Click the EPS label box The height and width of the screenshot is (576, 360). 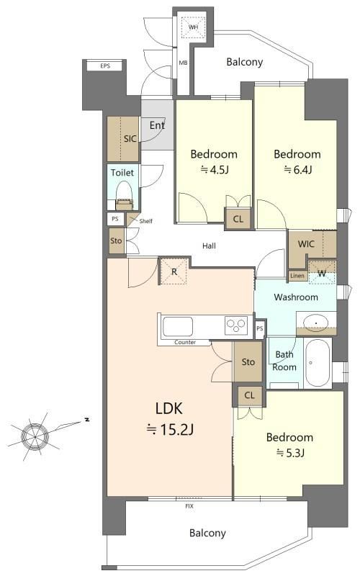105,66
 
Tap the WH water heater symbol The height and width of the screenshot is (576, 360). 193,27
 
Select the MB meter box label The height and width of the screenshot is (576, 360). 183,63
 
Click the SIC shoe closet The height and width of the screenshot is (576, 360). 123,139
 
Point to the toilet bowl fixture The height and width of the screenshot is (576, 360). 124,195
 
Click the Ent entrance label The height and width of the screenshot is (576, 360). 157,125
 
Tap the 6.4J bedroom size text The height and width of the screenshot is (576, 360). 297,169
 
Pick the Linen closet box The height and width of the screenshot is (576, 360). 297,276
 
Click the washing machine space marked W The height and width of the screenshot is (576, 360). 322,272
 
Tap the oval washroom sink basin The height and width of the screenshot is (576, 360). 316,323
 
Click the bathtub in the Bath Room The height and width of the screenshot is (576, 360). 318,363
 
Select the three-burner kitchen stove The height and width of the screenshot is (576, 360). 236,325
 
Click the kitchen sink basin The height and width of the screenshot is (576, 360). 178,326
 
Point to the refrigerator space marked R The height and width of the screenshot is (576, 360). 174,271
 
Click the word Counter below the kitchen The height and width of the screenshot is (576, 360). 185,343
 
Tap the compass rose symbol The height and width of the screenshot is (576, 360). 35,436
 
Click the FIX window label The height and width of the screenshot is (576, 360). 189,506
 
